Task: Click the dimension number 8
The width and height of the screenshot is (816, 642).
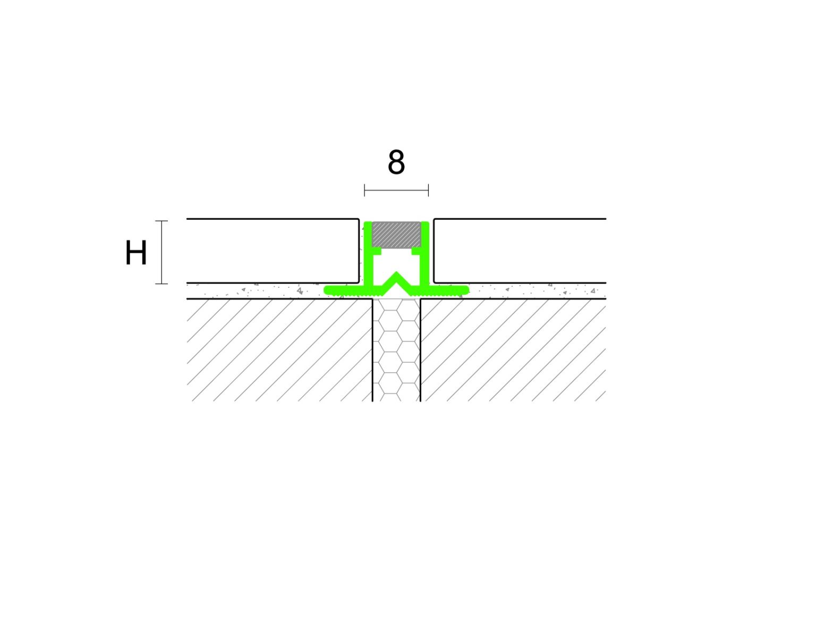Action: tap(396, 162)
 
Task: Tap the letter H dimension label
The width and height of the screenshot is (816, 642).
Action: tap(136, 253)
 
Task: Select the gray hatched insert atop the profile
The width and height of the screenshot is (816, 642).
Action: tap(396, 235)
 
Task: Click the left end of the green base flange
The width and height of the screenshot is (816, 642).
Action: tap(327, 290)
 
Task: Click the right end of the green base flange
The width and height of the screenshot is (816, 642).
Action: tap(466, 290)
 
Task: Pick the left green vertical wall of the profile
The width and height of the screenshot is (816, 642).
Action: tap(368, 254)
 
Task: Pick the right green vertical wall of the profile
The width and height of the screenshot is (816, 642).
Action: tap(424, 254)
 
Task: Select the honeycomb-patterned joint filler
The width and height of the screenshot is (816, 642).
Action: tap(396, 350)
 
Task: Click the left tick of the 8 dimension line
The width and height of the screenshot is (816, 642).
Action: tap(364, 190)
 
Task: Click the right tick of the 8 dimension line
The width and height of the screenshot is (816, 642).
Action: tap(428, 190)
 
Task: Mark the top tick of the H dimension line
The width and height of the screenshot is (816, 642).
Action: tap(161, 221)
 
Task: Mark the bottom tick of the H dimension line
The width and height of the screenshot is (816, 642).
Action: tap(161, 284)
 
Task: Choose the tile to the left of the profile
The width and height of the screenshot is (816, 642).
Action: tap(273, 251)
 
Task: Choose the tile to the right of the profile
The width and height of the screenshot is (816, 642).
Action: tap(520, 251)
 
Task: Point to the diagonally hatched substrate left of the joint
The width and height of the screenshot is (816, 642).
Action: tap(279, 350)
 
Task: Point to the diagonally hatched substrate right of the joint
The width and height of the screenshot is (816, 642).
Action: tap(513, 350)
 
